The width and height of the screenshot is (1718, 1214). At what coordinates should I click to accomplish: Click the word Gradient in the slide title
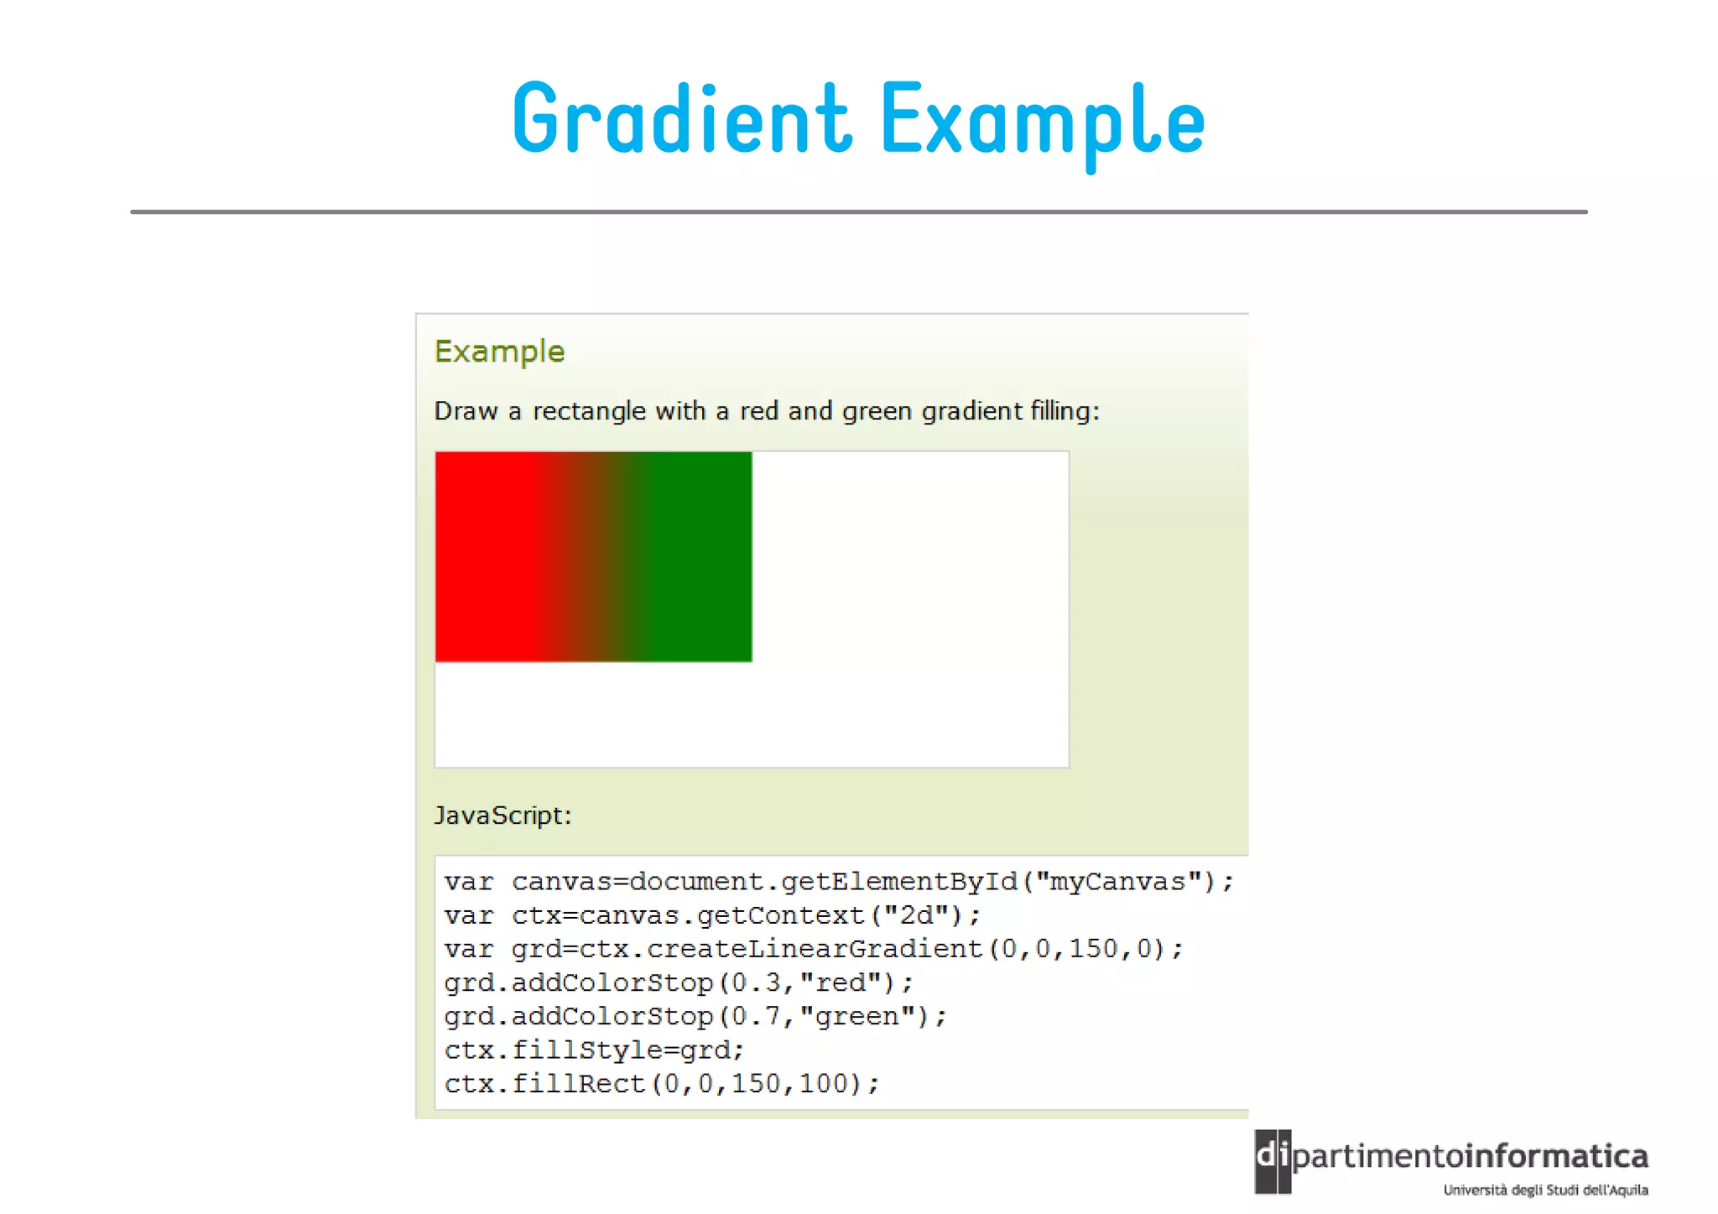coord(682,120)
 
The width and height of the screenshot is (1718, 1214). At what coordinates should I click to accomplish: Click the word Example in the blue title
coord(1043,122)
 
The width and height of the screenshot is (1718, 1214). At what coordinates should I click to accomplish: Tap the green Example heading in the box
coord(499,352)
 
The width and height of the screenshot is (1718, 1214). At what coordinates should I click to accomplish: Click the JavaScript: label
coord(502,815)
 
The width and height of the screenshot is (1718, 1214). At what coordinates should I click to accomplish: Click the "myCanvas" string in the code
coord(1125,882)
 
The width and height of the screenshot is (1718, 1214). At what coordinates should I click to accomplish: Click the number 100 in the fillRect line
coord(823,1084)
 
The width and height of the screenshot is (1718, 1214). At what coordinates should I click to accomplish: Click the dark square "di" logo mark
coord(1273,1161)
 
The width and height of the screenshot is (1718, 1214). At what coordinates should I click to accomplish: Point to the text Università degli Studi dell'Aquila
coord(1545,1190)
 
